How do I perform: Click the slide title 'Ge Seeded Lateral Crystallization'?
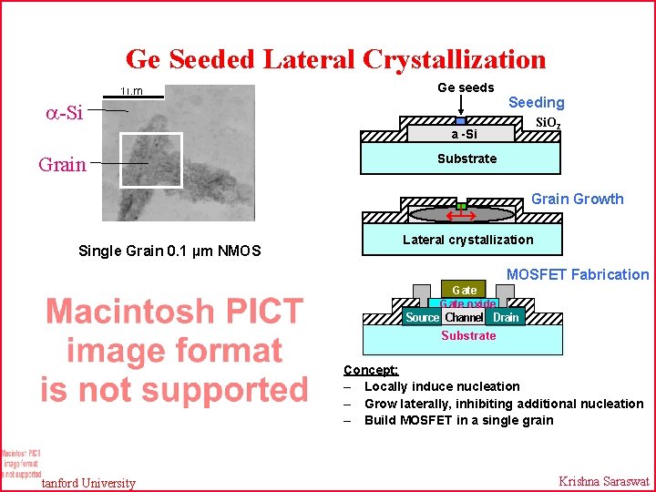click(x=335, y=59)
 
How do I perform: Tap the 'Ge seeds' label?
click(x=466, y=87)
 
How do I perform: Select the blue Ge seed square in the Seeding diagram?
click(x=460, y=120)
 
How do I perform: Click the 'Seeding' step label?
click(x=536, y=103)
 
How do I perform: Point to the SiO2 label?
click(x=548, y=123)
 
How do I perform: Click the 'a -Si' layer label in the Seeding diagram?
click(x=464, y=135)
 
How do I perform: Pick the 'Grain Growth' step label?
click(x=577, y=199)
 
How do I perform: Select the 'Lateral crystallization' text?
click(x=467, y=240)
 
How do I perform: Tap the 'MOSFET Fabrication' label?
click(x=578, y=274)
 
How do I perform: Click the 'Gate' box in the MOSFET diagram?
click(x=464, y=290)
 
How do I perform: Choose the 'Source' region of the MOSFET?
click(x=422, y=317)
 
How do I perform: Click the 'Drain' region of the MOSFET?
click(x=505, y=317)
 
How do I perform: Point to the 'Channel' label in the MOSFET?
click(x=464, y=317)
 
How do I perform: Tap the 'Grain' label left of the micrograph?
click(x=62, y=165)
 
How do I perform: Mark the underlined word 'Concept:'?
click(x=370, y=370)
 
